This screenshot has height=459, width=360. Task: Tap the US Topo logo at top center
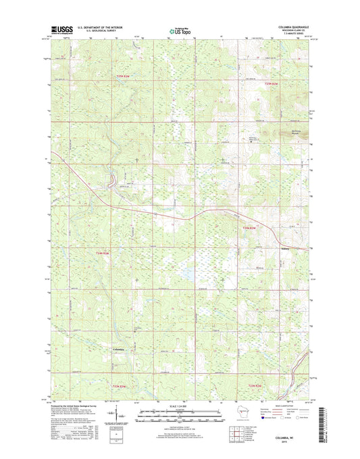pos(180,30)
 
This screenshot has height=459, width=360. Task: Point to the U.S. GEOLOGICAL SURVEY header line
pos(96,32)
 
